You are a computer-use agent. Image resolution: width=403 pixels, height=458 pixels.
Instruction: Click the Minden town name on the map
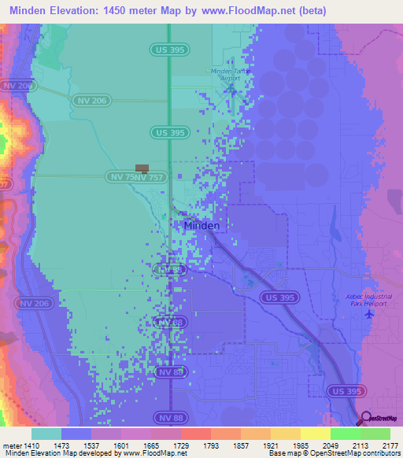click(201, 226)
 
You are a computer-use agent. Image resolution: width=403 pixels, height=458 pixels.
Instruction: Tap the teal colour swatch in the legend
click(46, 434)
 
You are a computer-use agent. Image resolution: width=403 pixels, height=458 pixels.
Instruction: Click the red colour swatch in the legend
click(196, 434)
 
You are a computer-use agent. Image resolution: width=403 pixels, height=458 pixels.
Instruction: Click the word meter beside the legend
click(13, 445)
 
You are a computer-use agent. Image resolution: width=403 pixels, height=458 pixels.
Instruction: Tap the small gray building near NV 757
click(142, 168)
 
